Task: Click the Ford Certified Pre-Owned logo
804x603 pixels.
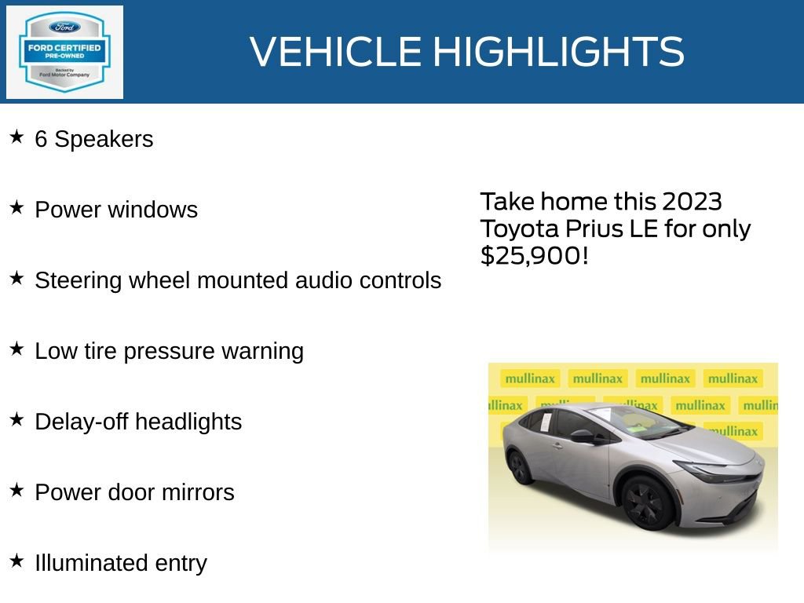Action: [x=64, y=53]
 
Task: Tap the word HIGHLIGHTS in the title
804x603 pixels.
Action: [x=558, y=52]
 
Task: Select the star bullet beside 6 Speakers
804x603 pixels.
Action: [x=16, y=137]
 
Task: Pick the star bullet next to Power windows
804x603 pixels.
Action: [x=16, y=208]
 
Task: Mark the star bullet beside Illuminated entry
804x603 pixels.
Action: [x=16, y=561]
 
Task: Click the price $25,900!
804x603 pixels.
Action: [x=534, y=255]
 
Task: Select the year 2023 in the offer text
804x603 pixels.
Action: [x=691, y=202]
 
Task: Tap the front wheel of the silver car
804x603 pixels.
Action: [x=648, y=503]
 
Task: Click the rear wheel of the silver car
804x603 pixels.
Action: [x=520, y=466]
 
